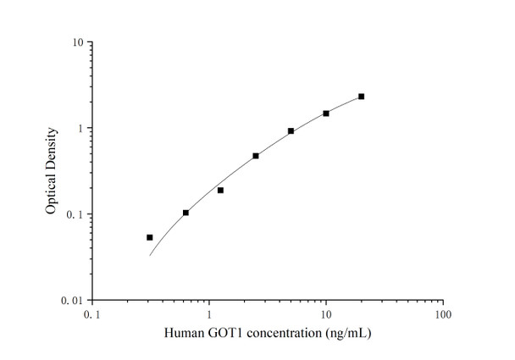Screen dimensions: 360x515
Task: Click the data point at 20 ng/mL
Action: pyautogui.click(x=361, y=97)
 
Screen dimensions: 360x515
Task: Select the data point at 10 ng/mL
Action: pyautogui.click(x=326, y=113)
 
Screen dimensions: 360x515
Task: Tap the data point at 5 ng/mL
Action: pyautogui.click(x=291, y=131)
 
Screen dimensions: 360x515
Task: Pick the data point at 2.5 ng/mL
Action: pyautogui.click(x=256, y=156)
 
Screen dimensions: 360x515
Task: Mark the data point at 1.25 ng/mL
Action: pyautogui.click(x=220, y=190)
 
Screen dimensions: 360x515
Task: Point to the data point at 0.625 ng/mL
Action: pyautogui.click(x=186, y=213)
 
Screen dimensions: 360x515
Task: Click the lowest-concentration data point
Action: pyautogui.click(x=150, y=237)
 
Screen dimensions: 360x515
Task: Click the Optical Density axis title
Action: pyautogui.click(x=52, y=171)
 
